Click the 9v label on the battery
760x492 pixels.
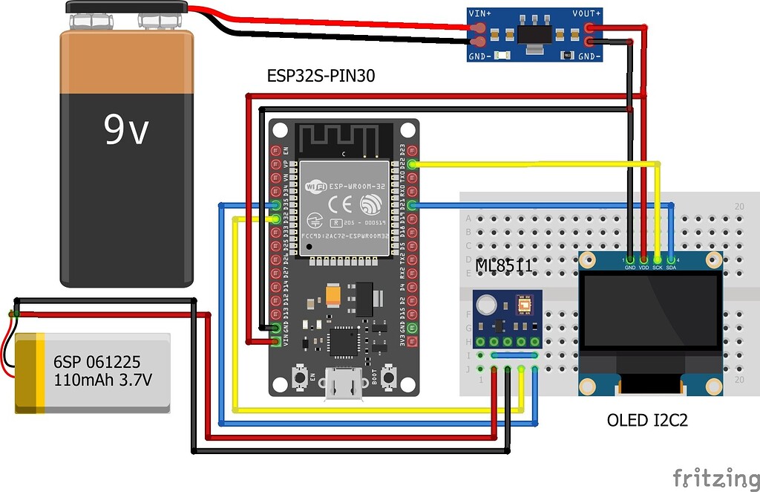(x=125, y=130)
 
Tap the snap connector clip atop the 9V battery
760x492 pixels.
(x=125, y=10)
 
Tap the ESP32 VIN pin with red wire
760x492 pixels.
(x=276, y=340)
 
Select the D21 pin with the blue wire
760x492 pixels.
(x=413, y=204)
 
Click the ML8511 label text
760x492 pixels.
(x=505, y=264)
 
